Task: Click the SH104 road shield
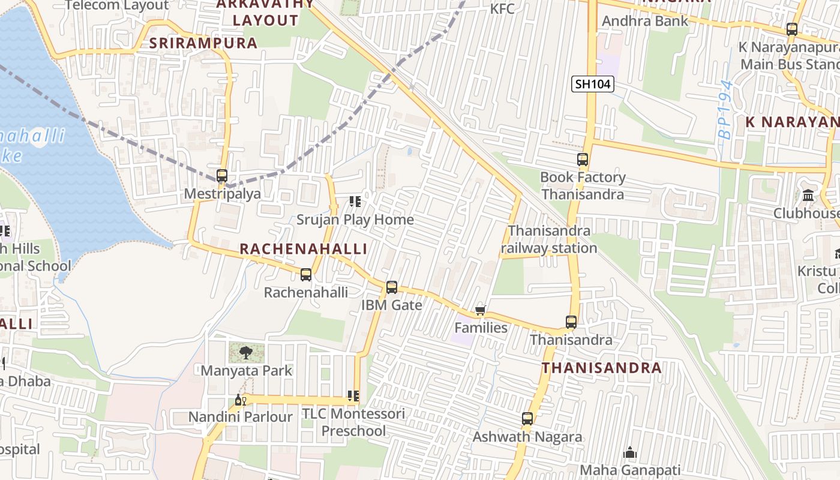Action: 593,84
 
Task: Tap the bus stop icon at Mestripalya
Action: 222,176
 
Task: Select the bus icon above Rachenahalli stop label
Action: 306,275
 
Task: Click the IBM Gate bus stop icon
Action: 392,287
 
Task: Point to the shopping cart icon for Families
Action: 480,310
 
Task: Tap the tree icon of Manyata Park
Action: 245,353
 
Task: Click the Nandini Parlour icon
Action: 240,400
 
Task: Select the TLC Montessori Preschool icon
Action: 353,396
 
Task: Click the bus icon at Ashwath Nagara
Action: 527,419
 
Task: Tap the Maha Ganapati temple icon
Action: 630,452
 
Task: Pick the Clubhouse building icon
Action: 808,196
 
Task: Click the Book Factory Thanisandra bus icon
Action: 583,160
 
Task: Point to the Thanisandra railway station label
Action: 549,239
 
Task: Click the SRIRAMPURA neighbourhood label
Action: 203,43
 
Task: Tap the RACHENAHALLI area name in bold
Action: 303,249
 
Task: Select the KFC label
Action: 502,8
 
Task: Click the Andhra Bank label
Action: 645,21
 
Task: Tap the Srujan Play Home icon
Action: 355,202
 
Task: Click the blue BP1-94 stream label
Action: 726,110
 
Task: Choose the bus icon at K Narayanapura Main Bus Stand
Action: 792,29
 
